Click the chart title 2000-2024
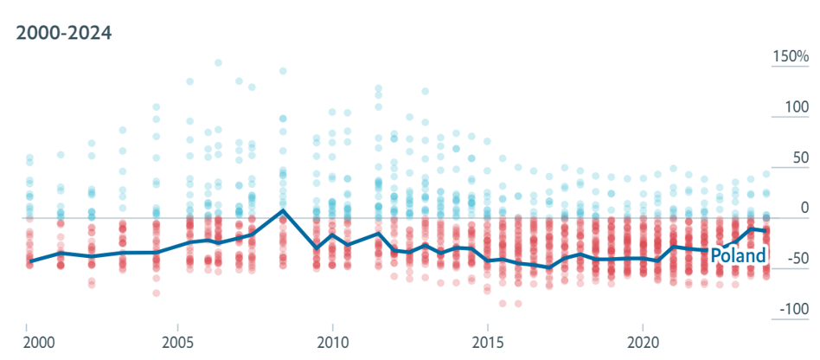click(x=64, y=33)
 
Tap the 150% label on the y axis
click(x=791, y=56)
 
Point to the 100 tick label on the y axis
click(x=797, y=107)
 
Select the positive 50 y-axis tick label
click(x=801, y=158)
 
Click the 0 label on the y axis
click(x=804, y=209)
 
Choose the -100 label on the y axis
click(x=794, y=309)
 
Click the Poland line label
click(x=739, y=255)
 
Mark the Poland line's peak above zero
click(x=283, y=210)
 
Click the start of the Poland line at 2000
click(x=29, y=260)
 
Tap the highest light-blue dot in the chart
click(x=218, y=63)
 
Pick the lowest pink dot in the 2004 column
click(x=156, y=293)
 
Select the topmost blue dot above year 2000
click(x=29, y=157)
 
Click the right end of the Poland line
click(x=766, y=231)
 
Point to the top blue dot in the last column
click(x=766, y=174)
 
